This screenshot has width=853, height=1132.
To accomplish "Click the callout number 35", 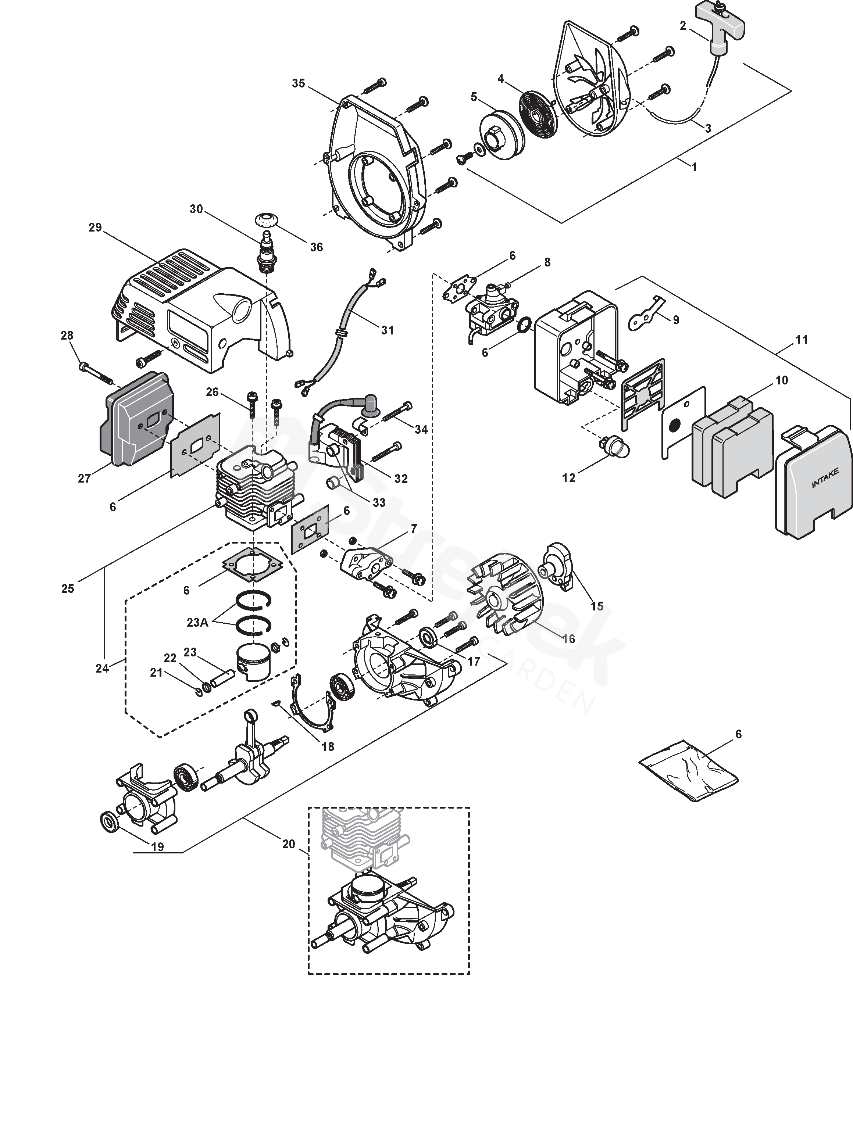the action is tap(299, 83).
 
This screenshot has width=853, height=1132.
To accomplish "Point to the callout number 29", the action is tap(95, 227).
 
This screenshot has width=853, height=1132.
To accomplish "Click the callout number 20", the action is tap(289, 844).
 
